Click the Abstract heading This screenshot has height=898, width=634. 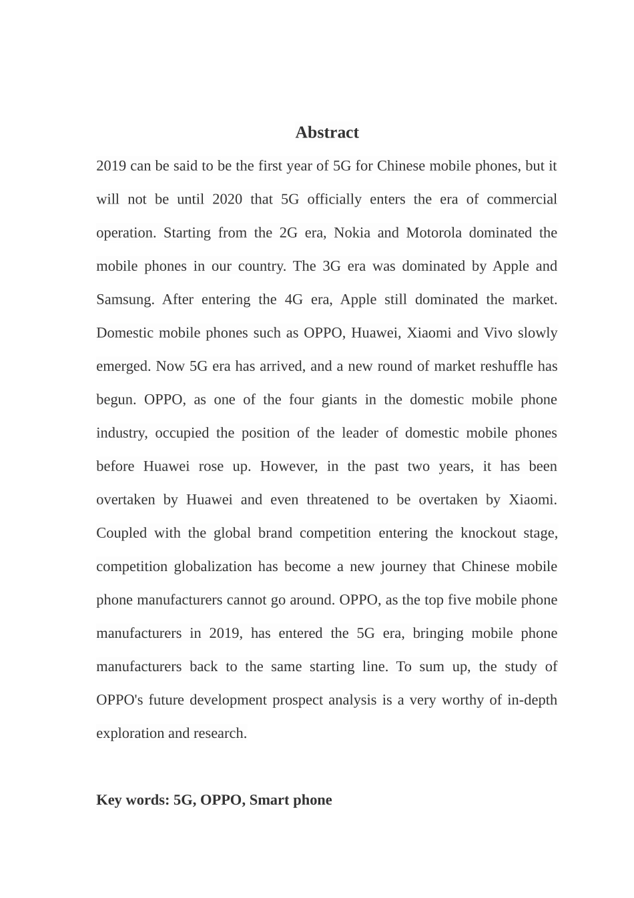(x=327, y=133)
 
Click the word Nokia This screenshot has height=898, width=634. (x=352, y=233)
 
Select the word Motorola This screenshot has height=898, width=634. (x=434, y=233)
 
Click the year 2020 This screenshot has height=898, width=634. (x=227, y=199)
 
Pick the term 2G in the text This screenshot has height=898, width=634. (x=288, y=233)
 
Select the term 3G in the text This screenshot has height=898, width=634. (x=332, y=266)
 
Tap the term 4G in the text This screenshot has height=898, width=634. (x=294, y=300)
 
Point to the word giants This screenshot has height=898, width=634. (x=339, y=400)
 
